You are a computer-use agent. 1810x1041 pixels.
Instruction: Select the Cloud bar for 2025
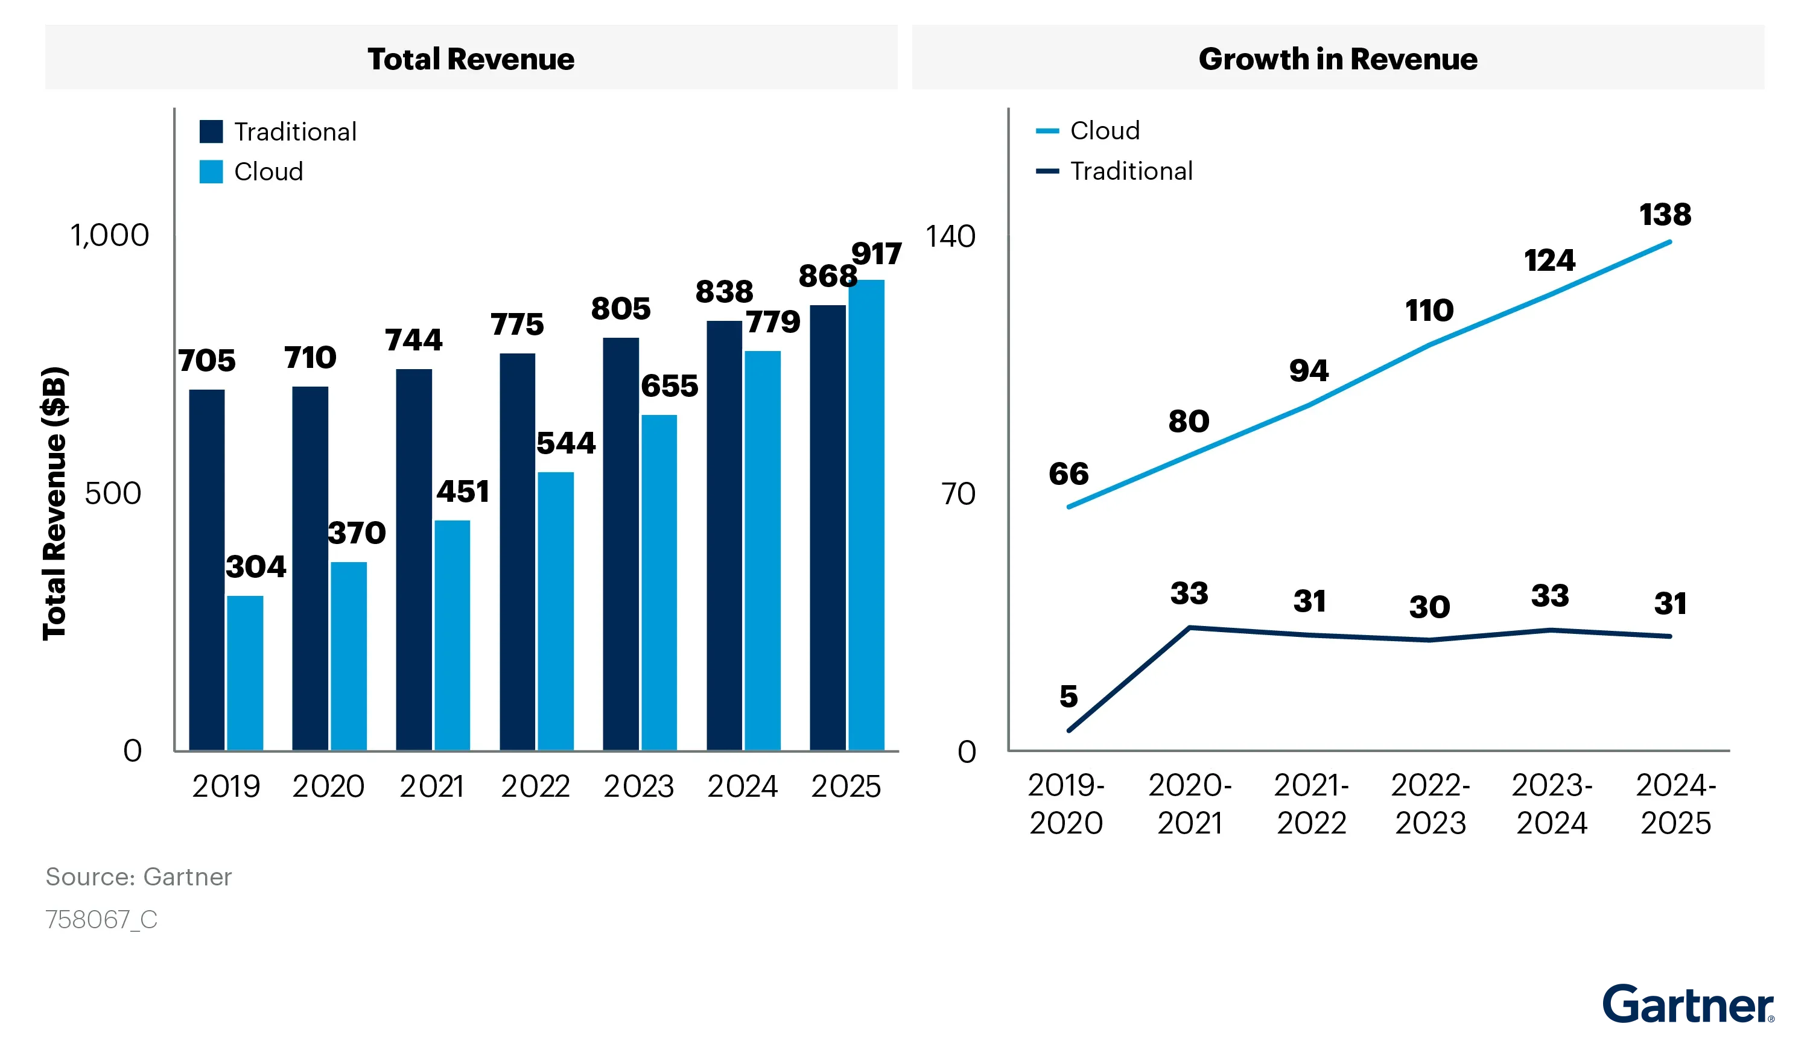866,515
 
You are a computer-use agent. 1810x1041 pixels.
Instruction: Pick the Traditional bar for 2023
621,543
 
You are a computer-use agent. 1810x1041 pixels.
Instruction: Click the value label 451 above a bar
463,492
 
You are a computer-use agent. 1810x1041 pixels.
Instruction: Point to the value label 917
876,255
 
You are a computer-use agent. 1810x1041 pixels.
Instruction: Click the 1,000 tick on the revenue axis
109,235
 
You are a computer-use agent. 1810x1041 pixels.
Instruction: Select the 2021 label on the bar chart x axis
432,786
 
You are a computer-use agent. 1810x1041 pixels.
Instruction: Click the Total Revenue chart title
471,59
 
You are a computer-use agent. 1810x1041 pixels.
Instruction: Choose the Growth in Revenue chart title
1338,59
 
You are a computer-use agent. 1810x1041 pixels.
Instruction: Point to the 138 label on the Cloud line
1665,215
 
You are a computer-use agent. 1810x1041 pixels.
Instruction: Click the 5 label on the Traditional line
1069,697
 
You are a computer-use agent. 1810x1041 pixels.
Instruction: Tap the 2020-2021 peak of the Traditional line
1189,628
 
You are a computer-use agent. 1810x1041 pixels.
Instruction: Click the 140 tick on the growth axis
950,236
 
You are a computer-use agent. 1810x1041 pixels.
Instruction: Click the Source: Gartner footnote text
139,876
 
